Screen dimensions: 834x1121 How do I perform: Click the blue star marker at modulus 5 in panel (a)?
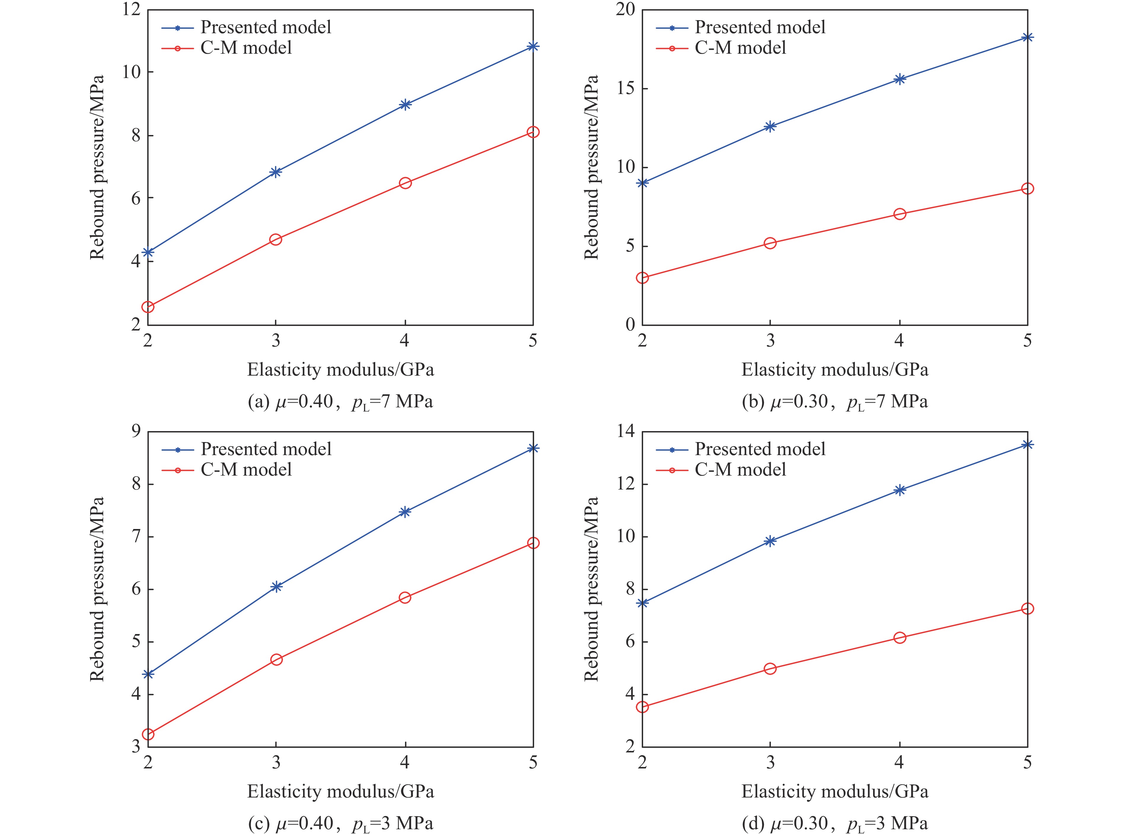[x=533, y=47]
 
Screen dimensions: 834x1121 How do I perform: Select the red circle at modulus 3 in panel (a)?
[x=276, y=239]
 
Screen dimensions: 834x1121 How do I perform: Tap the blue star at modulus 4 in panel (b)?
[x=899, y=79]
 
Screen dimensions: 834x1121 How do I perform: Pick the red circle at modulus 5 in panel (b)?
[x=1027, y=188]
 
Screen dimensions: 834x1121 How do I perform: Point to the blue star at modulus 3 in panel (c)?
[x=276, y=586]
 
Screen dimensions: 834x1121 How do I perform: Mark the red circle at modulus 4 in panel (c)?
[x=405, y=597]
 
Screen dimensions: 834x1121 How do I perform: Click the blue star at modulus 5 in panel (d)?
[x=1027, y=444]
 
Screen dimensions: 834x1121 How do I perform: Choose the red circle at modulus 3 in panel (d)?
[x=770, y=668]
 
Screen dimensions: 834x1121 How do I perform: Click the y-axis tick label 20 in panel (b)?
[x=625, y=9]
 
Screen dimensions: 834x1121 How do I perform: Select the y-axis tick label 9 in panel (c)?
[x=136, y=431]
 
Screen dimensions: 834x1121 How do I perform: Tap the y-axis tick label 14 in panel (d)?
[x=625, y=431]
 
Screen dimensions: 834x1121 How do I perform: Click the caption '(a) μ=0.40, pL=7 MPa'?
[x=340, y=402]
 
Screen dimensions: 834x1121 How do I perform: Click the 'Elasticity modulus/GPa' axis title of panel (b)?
[x=835, y=370]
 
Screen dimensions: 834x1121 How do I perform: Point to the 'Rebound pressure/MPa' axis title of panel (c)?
[x=97, y=589]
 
